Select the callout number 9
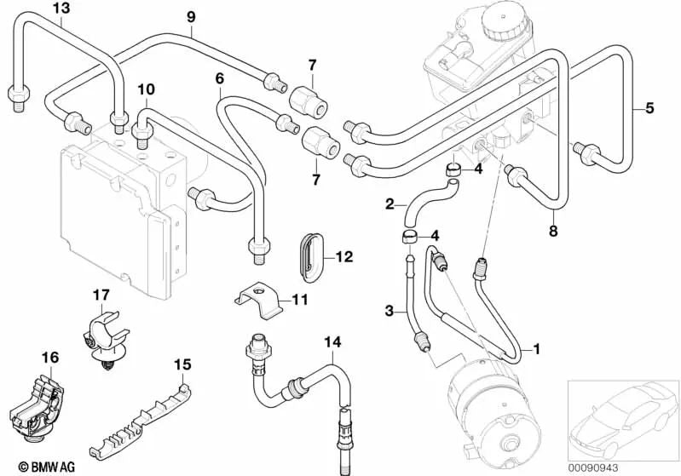coord(191,16)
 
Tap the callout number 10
coord(145,89)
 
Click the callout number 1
coord(536,348)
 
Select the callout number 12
coord(343,255)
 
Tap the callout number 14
coord(332,342)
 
